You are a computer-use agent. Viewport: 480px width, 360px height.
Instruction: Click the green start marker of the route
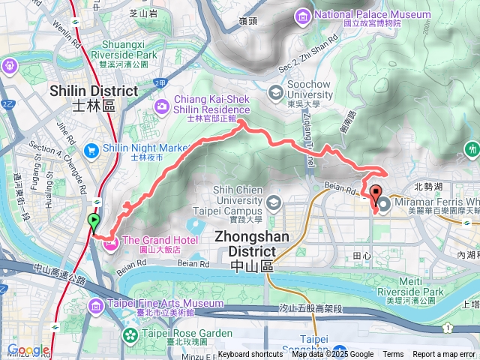[94, 222]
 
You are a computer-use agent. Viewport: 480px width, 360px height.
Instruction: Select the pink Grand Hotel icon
[111, 241]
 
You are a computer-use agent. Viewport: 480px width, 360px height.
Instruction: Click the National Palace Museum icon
[303, 15]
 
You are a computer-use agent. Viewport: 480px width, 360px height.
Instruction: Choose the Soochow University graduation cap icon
[275, 93]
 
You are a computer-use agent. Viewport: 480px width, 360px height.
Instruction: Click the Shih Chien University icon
[274, 202]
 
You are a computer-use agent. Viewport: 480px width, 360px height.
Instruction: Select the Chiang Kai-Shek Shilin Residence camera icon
[162, 108]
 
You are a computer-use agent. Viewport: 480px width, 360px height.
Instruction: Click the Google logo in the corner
[28, 350]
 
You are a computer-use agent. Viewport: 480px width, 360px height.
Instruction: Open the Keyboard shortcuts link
[250, 355]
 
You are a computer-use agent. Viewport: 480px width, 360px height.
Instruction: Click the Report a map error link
[444, 355]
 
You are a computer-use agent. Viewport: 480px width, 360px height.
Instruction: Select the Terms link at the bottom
[393, 355]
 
